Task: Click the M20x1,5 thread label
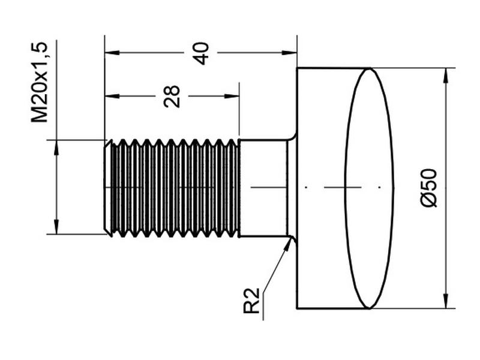[x=40, y=82]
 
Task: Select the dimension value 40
[x=202, y=53]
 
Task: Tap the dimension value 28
[x=172, y=96]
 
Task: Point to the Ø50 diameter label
[x=428, y=188]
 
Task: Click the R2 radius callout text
[x=251, y=301]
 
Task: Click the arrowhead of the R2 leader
[x=287, y=244]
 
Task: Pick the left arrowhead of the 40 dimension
[x=112, y=53]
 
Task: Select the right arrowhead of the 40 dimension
[x=290, y=53]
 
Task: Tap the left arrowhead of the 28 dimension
[x=112, y=96]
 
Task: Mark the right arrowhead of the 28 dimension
[x=232, y=96]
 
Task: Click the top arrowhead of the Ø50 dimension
[x=446, y=75]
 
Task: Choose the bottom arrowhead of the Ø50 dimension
[x=446, y=301]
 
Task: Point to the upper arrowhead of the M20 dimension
[x=56, y=148]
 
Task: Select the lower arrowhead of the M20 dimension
[x=56, y=227]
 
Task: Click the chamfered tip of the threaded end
[x=107, y=188]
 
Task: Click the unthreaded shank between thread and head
[x=263, y=188]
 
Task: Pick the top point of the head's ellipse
[x=370, y=68]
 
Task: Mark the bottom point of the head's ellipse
[x=370, y=308]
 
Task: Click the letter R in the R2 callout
[x=251, y=307]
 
